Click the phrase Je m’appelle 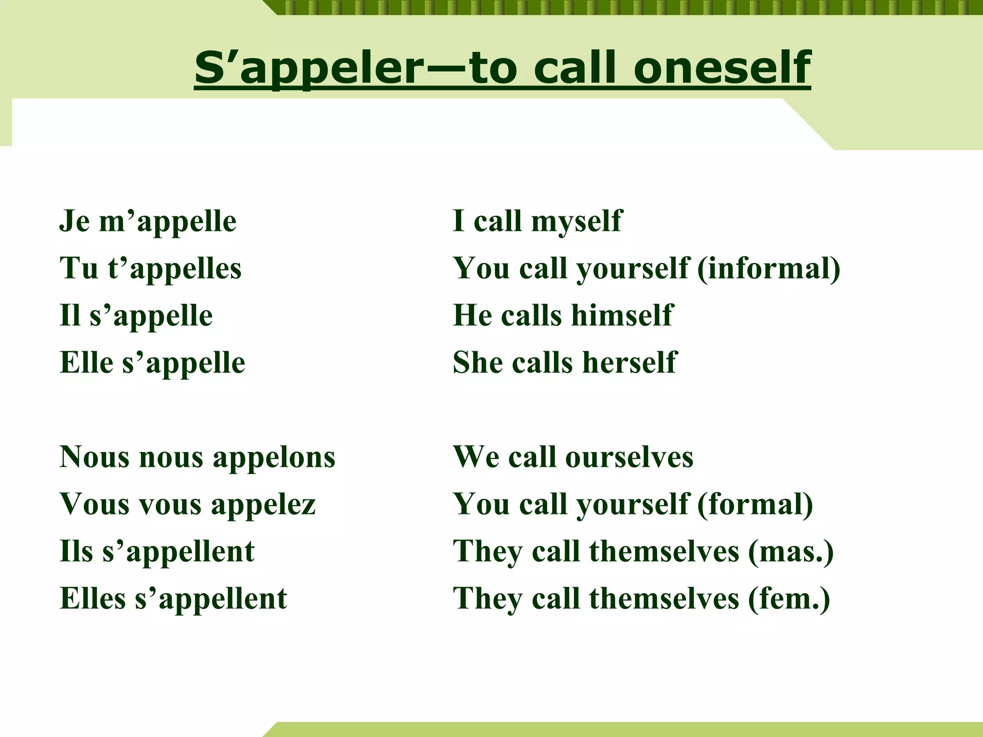click(148, 221)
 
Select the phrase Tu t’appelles click(151, 268)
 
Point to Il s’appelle click(136, 315)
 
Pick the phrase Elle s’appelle click(153, 362)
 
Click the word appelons click(274, 457)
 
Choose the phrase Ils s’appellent click(157, 551)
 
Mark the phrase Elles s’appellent click(173, 598)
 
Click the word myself click(576, 221)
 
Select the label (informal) click(768, 268)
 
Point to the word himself click(623, 315)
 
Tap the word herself click(629, 362)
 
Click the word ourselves click(629, 457)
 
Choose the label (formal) click(755, 504)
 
